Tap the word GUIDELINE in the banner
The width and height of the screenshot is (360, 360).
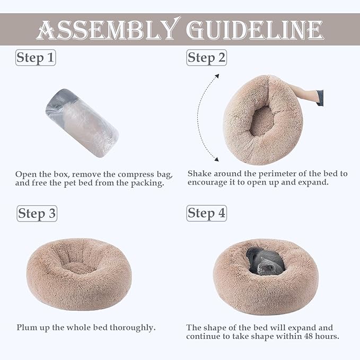pyautogui.click(x=255, y=30)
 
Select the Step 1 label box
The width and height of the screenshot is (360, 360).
pyautogui.click(x=36, y=58)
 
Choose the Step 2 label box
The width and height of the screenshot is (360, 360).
pyautogui.click(x=207, y=58)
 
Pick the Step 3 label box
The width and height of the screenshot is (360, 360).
pyautogui.click(x=37, y=214)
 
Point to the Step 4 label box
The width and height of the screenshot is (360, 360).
pyautogui.click(x=207, y=213)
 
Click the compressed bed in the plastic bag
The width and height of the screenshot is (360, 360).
pyautogui.click(x=82, y=124)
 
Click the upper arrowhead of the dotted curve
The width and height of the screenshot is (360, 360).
pyautogui.click(x=217, y=76)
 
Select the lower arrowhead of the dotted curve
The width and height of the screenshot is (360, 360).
pyautogui.click(x=216, y=159)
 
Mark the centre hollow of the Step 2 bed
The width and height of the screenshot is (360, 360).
pyautogui.click(x=263, y=120)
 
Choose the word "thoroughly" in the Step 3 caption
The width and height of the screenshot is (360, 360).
pyautogui.click(x=133, y=328)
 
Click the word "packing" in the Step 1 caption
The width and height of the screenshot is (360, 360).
pyautogui.click(x=147, y=183)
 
